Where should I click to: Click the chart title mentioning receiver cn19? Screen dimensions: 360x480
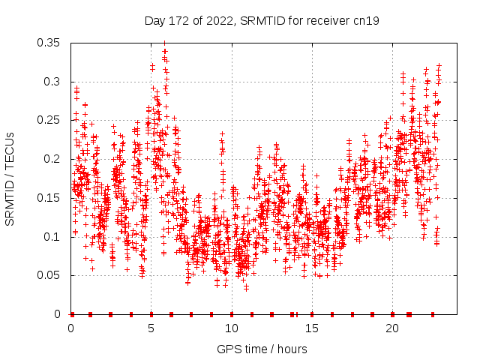(x=262, y=21)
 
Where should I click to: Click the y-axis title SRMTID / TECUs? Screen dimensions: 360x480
(x=10, y=179)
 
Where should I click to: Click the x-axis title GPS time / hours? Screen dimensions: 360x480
(x=262, y=349)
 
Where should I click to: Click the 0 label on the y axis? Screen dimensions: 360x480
(x=59, y=314)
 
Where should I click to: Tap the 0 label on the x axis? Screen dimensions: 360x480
(x=71, y=328)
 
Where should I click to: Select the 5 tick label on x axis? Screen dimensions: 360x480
(x=151, y=328)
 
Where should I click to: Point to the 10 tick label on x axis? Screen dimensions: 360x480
(x=232, y=328)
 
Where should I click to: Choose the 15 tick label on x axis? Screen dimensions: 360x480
(x=312, y=328)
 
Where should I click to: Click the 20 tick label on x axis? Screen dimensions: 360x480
(x=392, y=328)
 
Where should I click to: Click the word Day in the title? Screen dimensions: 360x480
(x=155, y=21)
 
